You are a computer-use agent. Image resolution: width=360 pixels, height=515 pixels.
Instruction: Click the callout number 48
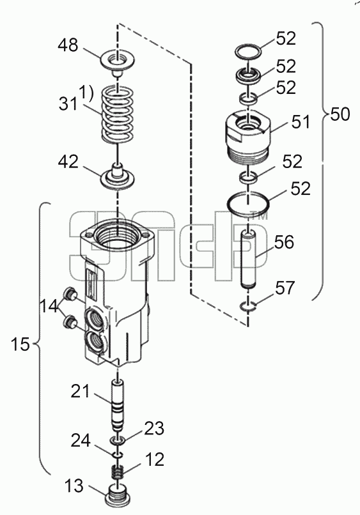(68, 45)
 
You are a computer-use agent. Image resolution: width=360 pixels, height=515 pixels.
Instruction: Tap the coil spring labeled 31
(118, 114)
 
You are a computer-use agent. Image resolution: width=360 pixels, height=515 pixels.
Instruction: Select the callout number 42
(68, 162)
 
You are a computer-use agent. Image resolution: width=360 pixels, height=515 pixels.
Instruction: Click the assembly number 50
(340, 114)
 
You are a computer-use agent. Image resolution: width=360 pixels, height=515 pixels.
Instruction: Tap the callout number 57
(285, 288)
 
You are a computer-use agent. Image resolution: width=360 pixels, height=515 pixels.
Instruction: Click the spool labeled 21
(118, 406)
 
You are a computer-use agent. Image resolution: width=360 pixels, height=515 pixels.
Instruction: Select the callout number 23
(153, 429)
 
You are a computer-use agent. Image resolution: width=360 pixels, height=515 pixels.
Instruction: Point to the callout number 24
(81, 440)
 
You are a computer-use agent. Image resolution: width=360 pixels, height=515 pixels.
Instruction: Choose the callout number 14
(50, 307)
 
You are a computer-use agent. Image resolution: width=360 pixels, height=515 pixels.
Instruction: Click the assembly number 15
(20, 344)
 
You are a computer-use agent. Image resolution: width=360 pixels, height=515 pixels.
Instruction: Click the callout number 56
(283, 242)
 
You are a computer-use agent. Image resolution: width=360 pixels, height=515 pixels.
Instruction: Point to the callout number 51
(300, 121)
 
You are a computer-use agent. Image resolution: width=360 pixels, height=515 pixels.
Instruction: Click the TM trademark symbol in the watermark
(260, 216)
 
